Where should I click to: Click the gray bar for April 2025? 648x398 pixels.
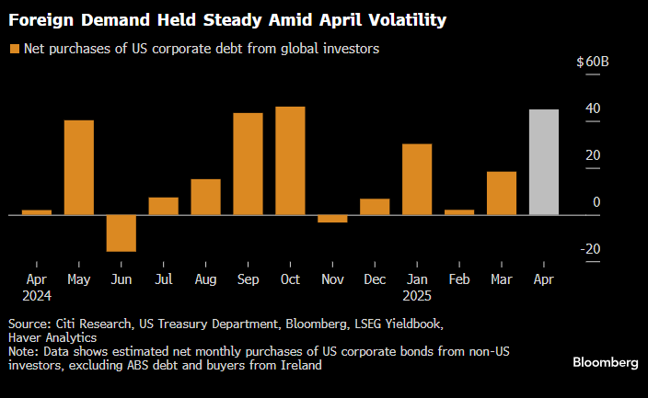click(x=544, y=162)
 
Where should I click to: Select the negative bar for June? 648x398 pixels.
click(x=121, y=233)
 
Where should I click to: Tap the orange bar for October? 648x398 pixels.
click(x=290, y=161)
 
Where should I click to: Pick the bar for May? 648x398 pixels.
click(x=78, y=167)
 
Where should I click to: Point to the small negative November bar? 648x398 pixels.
click(x=332, y=219)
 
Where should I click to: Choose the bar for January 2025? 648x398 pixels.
click(x=417, y=179)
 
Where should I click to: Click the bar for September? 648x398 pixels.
click(x=248, y=164)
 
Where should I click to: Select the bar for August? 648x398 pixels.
click(x=205, y=197)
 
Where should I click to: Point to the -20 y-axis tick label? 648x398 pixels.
click(x=592, y=248)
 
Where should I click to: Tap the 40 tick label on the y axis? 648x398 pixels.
click(x=593, y=108)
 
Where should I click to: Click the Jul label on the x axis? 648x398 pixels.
click(x=163, y=279)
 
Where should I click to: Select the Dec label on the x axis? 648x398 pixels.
click(x=375, y=279)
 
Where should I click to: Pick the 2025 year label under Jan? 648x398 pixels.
click(x=417, y=295)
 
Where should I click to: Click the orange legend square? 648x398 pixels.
click(x=13, y=49)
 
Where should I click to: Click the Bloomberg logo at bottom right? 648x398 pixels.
click(x=605, y=362)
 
